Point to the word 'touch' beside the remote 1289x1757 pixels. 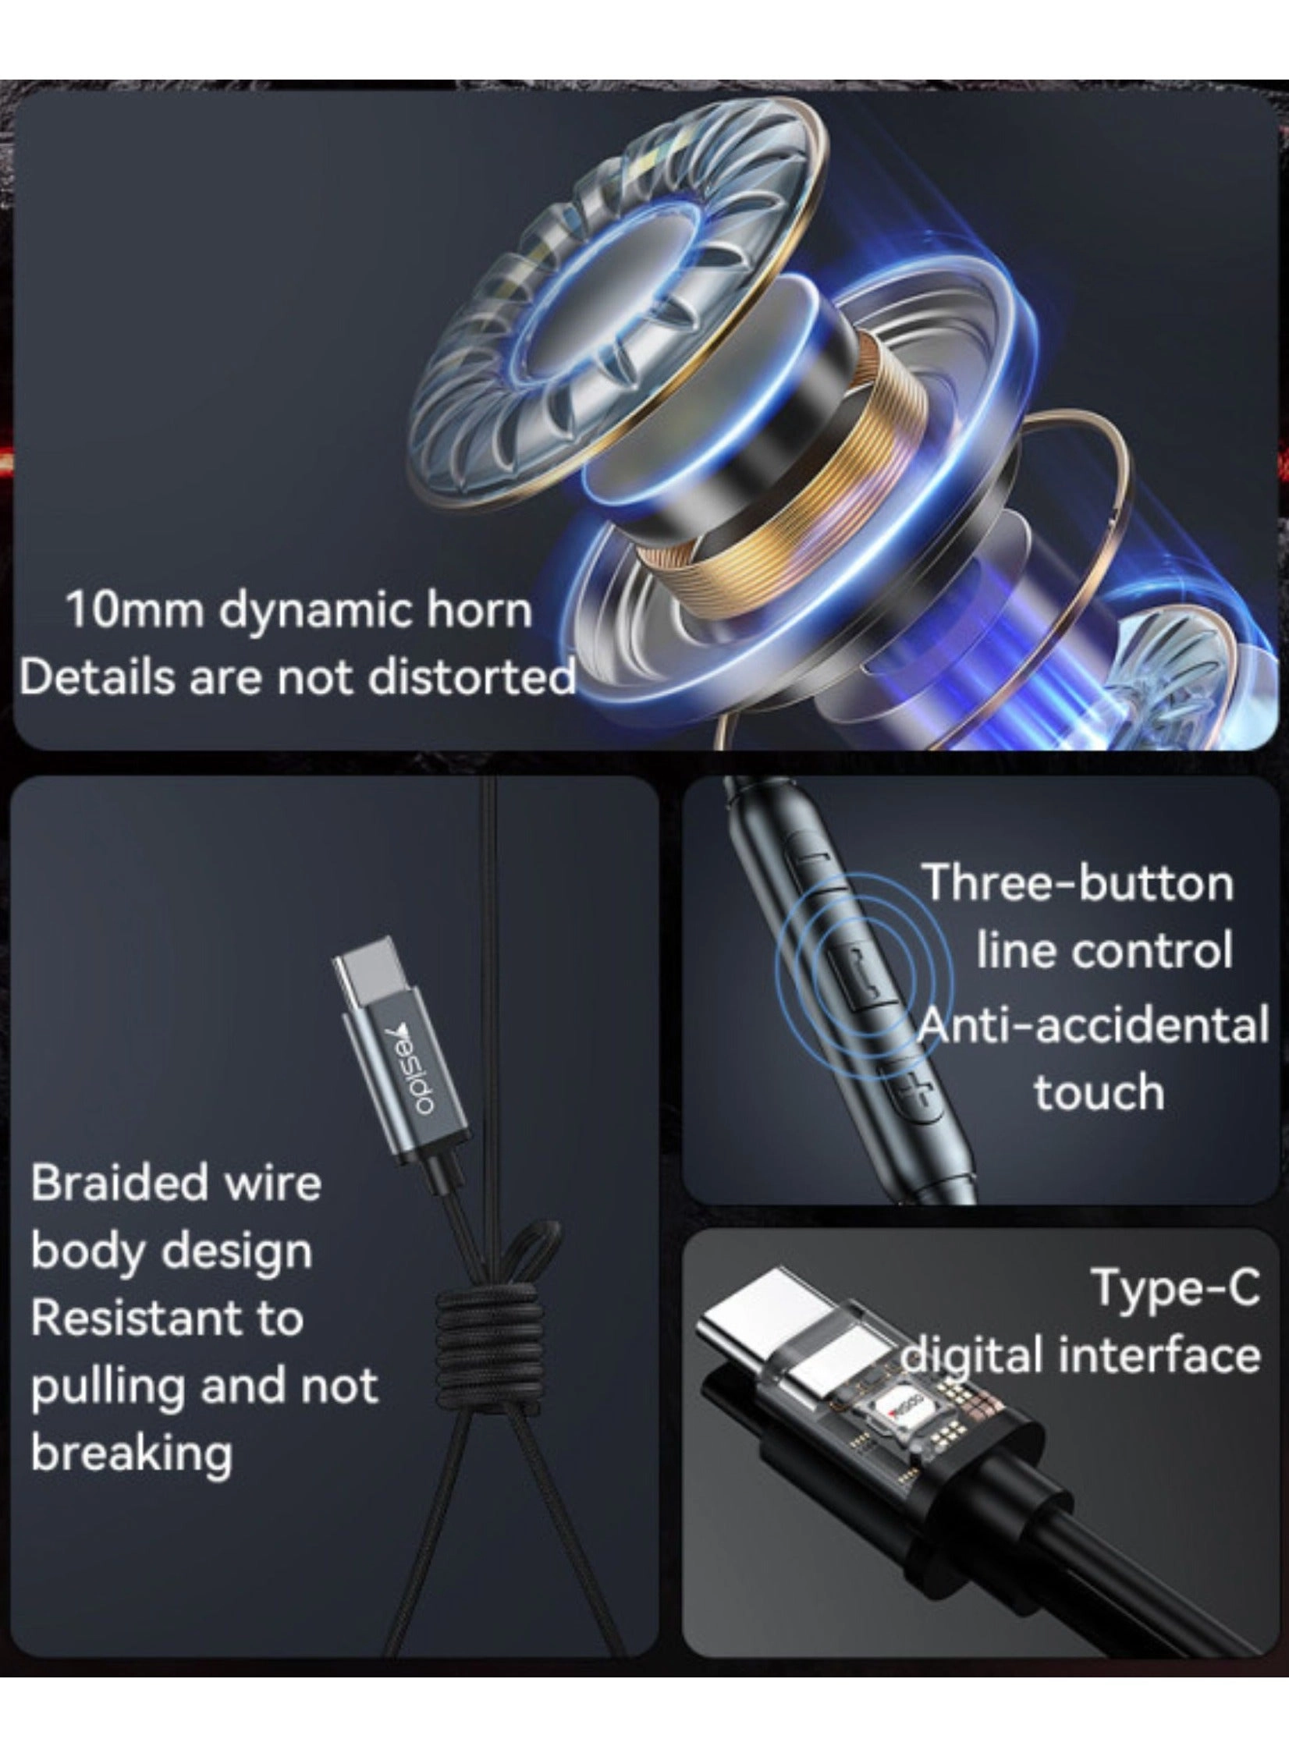click(x=1099, y=1091)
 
